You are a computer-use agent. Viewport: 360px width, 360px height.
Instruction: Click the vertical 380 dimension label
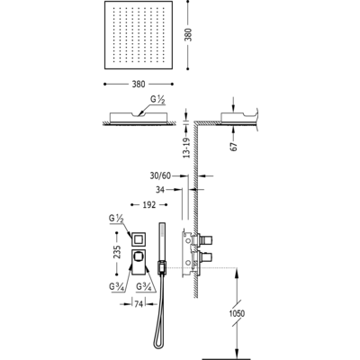190,34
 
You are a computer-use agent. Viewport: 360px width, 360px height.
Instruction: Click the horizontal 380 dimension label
139,85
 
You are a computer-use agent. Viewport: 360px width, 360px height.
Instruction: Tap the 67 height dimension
234,146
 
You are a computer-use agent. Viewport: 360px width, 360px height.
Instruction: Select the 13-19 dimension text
187,148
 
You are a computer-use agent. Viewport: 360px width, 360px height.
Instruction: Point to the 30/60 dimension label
160,175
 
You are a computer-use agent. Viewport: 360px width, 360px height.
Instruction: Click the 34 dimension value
160,190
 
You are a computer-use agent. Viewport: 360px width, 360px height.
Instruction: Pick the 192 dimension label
149,205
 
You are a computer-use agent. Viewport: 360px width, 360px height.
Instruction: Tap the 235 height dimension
117,252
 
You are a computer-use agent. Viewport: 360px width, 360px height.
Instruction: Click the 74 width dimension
139,304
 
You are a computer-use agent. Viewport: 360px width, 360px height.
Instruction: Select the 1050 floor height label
237,314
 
